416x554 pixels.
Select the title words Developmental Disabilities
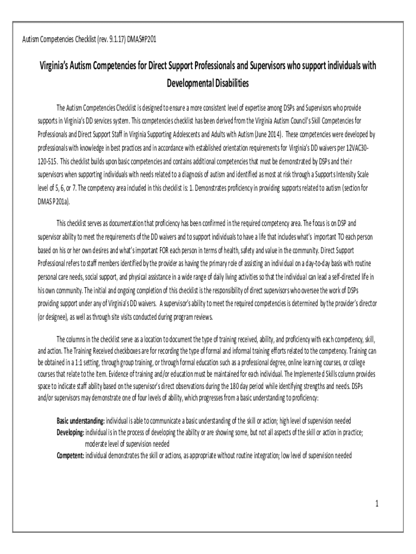point(208,83)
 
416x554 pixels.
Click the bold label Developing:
point(71,432)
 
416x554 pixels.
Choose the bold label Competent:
point(71,456)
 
